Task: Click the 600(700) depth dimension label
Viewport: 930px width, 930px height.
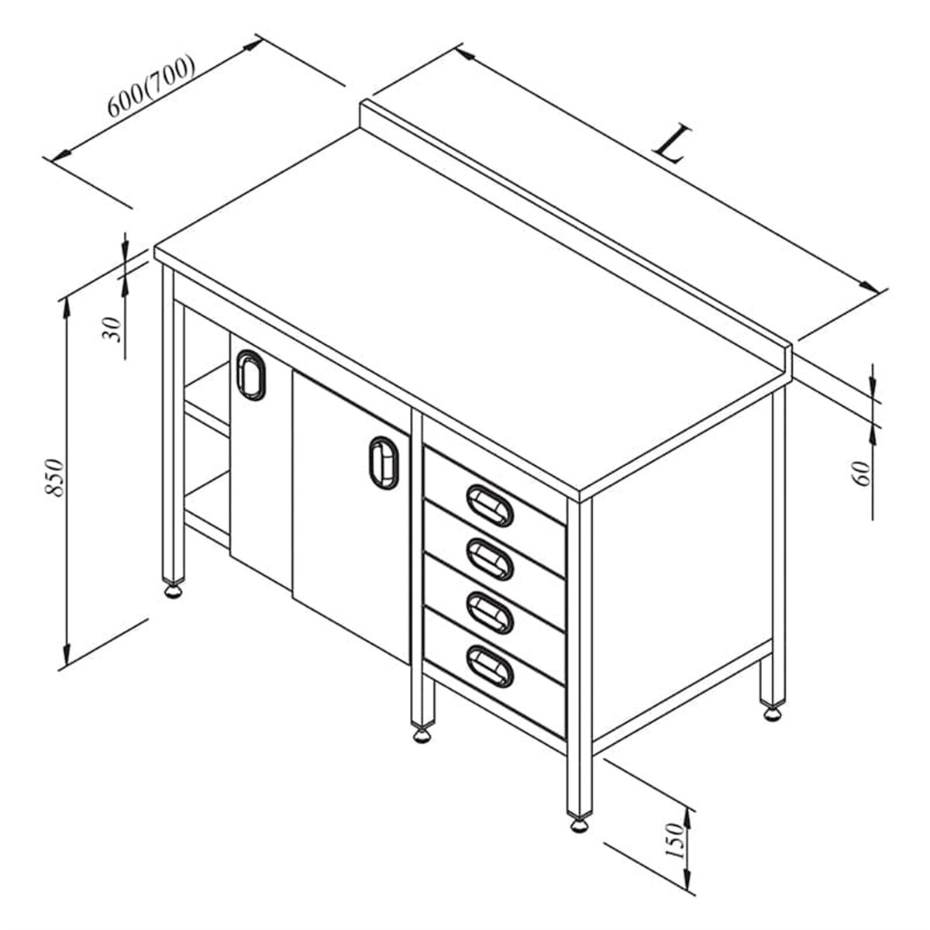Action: coord(151,86)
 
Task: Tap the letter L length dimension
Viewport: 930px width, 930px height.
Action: coord(672,144)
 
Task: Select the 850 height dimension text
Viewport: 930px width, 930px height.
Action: coord(54,478)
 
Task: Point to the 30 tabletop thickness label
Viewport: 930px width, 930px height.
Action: coord(112,329)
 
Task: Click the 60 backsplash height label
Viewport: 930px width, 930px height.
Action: coord(863,474)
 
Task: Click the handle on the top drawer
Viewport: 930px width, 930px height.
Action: coord(490,505)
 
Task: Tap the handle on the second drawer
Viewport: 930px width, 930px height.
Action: coord(490,560)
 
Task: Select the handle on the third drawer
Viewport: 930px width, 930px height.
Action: coord(490,613)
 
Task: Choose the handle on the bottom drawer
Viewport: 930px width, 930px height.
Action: coord(490,666)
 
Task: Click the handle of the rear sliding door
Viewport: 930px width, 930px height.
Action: coord(251,375)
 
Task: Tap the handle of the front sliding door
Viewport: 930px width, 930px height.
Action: coord(384,463)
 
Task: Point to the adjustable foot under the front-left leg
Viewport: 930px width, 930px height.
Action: coord(174,591)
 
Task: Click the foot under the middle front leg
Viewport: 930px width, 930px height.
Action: coord(422,735)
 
